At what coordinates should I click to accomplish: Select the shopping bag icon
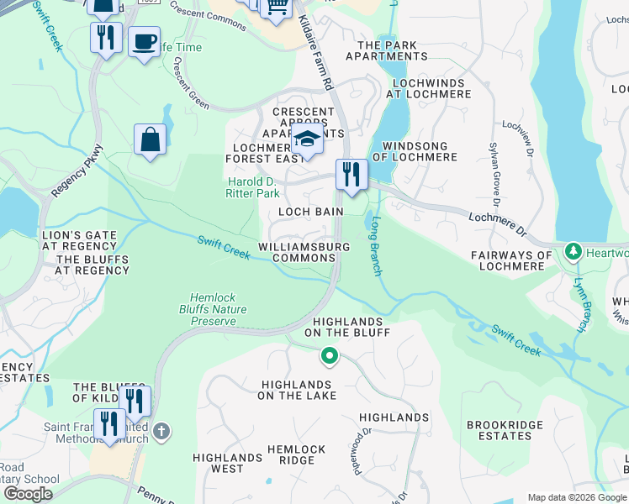point(150,139)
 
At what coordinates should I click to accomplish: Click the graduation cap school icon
point(308,139)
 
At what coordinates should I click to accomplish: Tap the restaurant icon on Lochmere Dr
point(351,174)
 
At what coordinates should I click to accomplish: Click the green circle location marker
point(330,357)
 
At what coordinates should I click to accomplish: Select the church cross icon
point(161,431)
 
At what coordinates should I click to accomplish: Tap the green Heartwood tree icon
point(573,252)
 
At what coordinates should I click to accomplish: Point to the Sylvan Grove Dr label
point(494,176)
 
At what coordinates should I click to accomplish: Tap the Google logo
point(29,493)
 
